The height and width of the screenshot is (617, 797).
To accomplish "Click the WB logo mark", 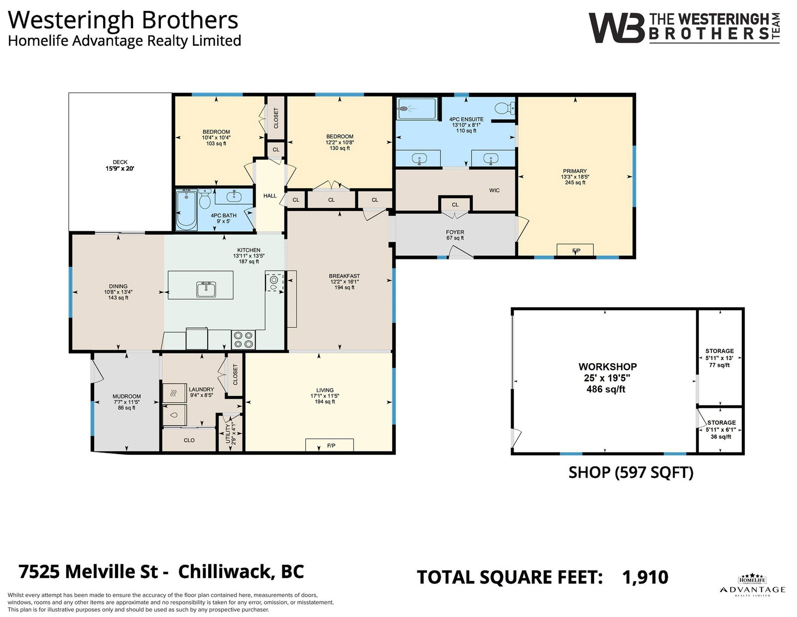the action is (x=616, y=28).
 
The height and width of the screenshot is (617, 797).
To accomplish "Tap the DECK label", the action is (x=120, y=162).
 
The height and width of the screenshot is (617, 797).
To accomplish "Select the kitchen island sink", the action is (x=206, y=289).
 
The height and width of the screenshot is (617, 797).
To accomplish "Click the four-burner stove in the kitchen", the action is (x=243, y=340).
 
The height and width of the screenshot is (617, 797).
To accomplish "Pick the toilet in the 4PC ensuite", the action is (x=505, y=108).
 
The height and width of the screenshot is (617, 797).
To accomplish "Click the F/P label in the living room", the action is (x=331, y=445).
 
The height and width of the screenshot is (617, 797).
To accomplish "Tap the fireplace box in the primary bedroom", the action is (x=575, y=250).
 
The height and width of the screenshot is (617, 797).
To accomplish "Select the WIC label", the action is (x=494, y=190).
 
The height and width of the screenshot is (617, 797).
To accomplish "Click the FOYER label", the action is (x=455, y=232).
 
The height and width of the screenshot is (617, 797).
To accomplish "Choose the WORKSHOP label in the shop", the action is (x=607, y=367).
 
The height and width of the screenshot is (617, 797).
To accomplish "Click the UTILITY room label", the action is (x=228, y=434).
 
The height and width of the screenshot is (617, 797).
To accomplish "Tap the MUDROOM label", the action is (x=127, y=396).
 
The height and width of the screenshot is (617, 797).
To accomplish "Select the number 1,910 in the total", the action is (x=645, y=577).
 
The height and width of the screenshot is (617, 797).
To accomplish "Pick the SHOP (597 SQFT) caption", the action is (x=631, y=472).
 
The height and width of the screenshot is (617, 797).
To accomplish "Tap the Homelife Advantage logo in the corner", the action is (x=752, y=586).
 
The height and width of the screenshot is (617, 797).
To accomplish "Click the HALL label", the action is (x=269, y=196).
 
